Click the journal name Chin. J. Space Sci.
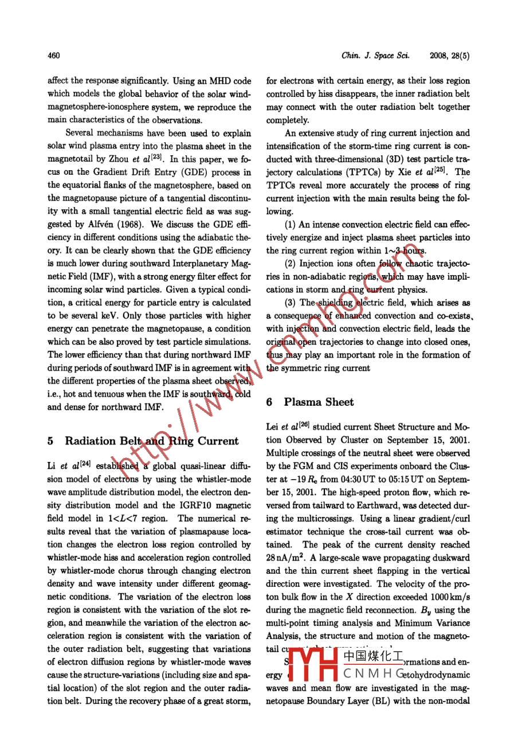pos(375,56)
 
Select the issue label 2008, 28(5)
pos(450,56)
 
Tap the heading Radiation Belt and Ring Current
pos(151,441)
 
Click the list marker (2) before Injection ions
pos(290,264)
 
